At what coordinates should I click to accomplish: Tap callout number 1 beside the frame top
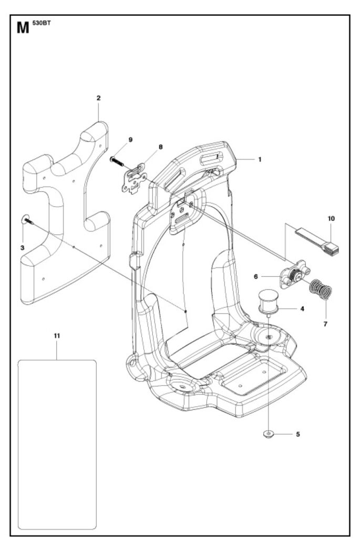pos(259,159)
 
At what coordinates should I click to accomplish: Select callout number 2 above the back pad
pos(98,98)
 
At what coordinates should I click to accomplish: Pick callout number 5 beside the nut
pos(298,434)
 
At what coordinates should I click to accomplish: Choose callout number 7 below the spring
pos(325,324)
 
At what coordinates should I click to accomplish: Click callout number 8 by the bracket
pos(161,148)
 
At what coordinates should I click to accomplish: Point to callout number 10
pos(331,218)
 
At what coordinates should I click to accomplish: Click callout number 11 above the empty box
pos(57,335)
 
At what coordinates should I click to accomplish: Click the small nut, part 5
pos(269,434)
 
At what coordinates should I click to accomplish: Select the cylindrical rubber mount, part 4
pos(268,302)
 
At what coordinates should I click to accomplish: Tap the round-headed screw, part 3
pos(27,220)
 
